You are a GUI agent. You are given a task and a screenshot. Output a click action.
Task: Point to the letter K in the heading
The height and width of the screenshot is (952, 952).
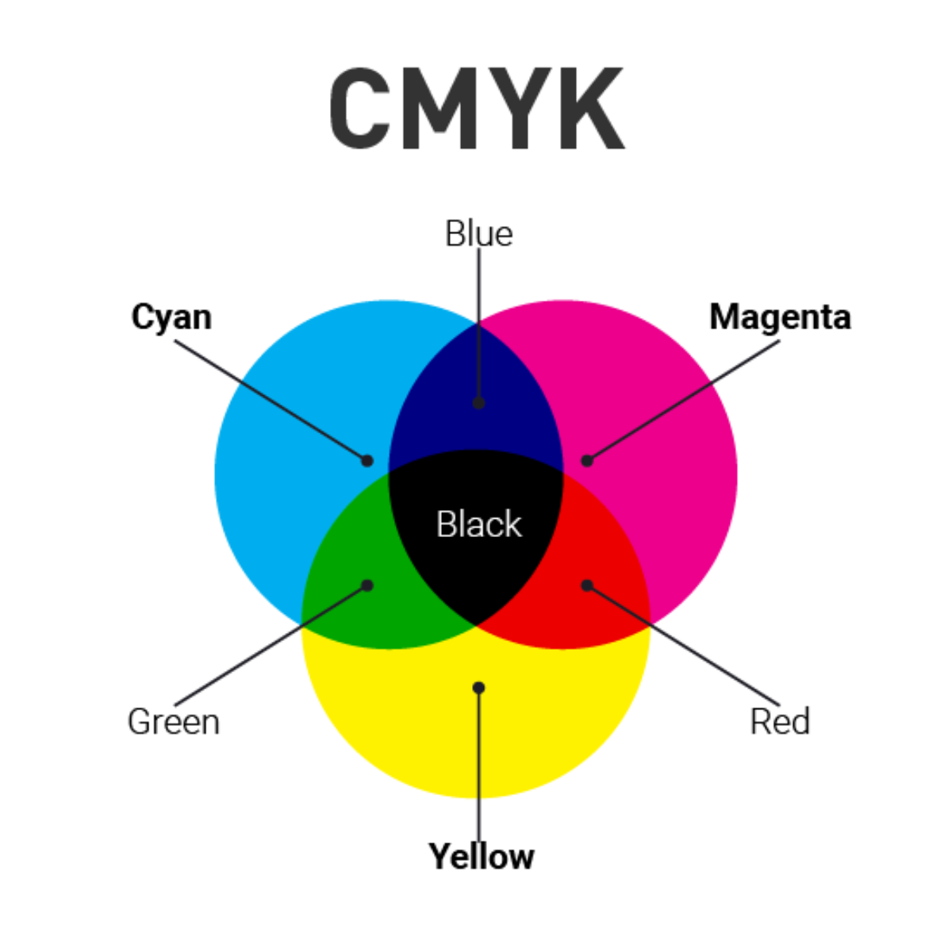tap(589, 109)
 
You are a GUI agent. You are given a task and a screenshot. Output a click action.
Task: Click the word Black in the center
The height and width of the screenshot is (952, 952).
tap(479, 524)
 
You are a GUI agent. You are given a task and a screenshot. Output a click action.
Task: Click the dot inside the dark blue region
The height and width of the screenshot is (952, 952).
tap(478, 403)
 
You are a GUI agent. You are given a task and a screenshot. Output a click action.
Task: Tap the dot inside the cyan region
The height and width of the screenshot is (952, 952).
tap(367, 460)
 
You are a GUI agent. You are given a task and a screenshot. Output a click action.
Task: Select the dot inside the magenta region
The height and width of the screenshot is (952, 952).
tap(587, 460)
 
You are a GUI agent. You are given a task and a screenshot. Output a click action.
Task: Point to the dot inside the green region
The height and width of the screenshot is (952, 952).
tap(367, 585)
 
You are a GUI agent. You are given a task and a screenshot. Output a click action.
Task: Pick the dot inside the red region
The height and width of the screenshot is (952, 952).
tap(587, 585)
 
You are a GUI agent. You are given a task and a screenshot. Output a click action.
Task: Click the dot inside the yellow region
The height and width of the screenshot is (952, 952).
tap(478, 687)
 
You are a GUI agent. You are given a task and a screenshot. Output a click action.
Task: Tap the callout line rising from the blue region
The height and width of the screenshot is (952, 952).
tap(478, 317)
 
